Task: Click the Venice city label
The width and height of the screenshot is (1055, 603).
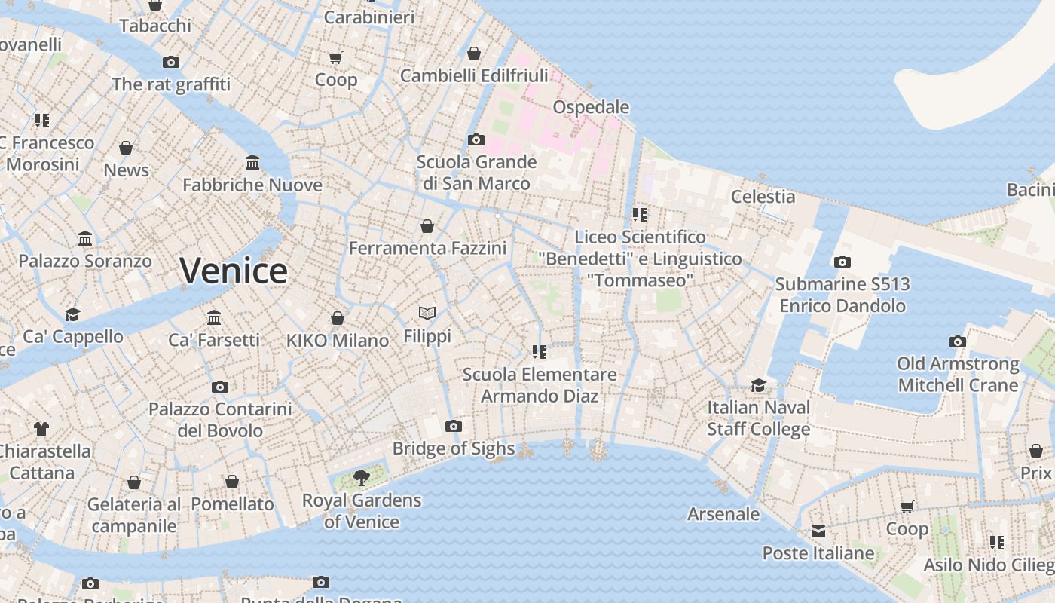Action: tap(234, 271)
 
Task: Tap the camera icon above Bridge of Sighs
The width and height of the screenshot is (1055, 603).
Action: tap(453, 427)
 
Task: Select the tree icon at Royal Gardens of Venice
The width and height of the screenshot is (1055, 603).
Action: tap(362, 477)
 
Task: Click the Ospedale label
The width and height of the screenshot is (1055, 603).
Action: tap(591, 107)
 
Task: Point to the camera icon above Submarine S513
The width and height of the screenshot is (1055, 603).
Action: tap(842, 262)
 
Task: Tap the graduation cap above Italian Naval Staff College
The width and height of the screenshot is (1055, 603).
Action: tap(758, 386)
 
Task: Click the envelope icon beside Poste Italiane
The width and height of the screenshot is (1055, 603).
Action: tap(818, 531)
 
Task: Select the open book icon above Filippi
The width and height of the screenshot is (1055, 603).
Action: tap(427, 313)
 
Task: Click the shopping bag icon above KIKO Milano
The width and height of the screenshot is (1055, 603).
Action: tap(338, 318)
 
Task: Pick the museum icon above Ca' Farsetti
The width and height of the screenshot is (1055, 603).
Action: tap(214, 317)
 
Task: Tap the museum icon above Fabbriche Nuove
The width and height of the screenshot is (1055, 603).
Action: tap(252, 163)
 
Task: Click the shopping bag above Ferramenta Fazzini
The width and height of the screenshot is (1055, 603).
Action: tap(427, 226)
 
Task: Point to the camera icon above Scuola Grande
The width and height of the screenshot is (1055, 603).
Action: tap(476, 140)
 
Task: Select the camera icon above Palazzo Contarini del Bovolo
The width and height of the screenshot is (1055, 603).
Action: tap(220, 387)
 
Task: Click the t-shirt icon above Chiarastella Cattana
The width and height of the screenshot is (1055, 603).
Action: tap(41, 429)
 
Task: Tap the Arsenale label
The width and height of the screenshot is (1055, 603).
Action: tap(723, 514)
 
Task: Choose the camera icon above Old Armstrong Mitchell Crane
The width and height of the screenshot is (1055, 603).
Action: tap(957, 342)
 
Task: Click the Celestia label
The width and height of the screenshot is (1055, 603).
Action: tap(763, 197)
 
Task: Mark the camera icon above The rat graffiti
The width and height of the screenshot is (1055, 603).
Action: tap(171, 63)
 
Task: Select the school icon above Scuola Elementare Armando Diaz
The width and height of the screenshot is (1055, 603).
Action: tap(539, 352)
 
